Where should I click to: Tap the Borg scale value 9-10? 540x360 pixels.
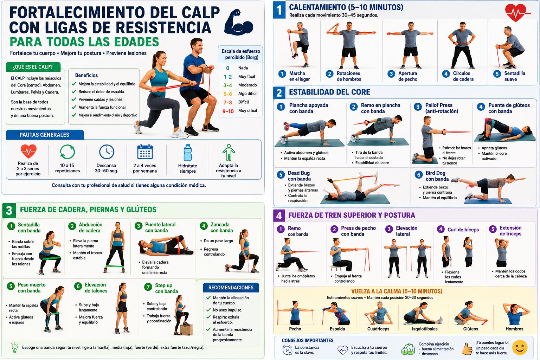(228, 111)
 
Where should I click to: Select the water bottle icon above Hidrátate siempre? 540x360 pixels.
(187, 152)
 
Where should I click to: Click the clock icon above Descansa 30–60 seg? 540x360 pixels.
(107, 152)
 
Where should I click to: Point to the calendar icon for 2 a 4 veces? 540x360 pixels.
(145, 152)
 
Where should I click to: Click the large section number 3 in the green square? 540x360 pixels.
(9, 210)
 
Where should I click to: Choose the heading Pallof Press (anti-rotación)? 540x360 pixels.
(442, 108)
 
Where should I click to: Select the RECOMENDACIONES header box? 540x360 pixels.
(231, 288)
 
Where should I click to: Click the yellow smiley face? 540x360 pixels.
(520, 347)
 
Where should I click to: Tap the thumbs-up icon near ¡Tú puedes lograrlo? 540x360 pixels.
(467, 349)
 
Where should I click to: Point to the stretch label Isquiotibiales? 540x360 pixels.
(425, 329)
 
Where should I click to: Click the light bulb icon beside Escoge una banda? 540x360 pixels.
(14, 347)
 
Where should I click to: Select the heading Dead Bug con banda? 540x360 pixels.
(299, 176)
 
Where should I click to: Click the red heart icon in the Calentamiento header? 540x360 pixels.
(516, 13)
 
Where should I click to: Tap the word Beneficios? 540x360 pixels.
(86, 75)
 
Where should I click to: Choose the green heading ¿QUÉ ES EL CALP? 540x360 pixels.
(33, 67)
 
